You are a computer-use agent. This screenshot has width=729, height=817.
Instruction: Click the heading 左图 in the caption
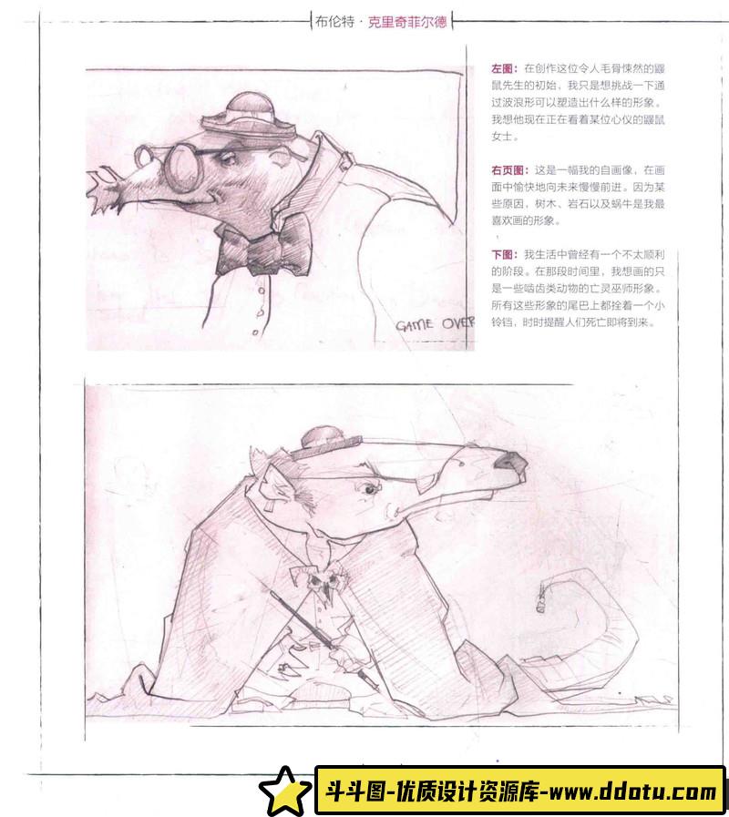(502, 68)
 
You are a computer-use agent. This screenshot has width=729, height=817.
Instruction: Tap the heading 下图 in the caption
(502, 254)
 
